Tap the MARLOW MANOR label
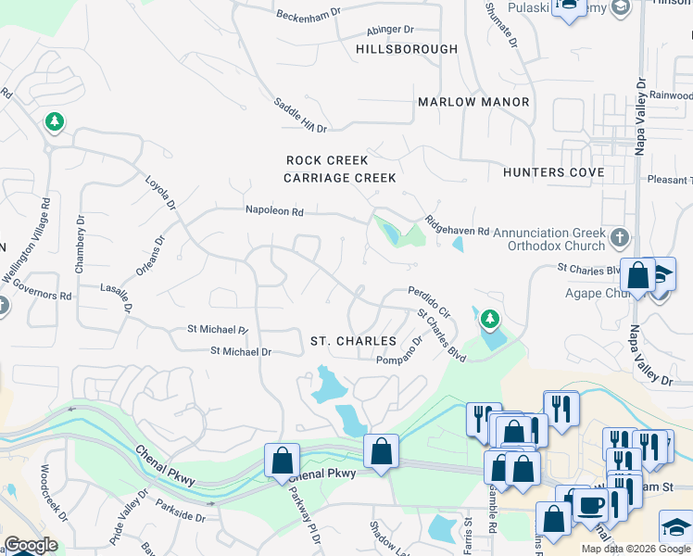tap(473, 102)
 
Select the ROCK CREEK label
tap(327, 160)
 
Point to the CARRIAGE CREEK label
tap(340, 178)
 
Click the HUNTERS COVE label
tap(553, 172)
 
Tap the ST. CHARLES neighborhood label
tap(353, 342)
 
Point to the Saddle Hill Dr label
tap(299, 114)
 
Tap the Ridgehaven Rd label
tap(457, 226)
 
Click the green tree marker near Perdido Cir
tap(489, 320)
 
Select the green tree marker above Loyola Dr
tap(54, 121)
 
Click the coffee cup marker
tap(590, 504)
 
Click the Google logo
tap(31, 545)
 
